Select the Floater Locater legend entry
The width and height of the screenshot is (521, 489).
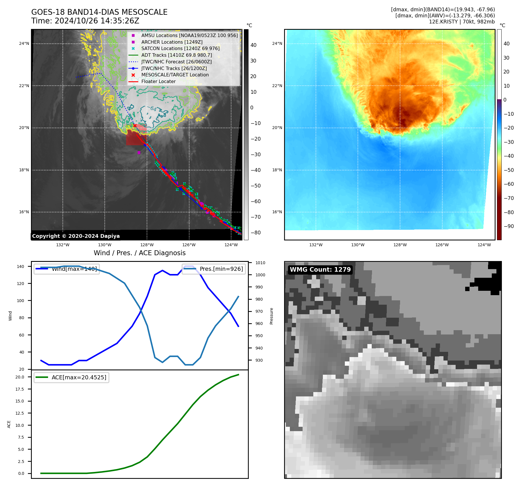(158, 82)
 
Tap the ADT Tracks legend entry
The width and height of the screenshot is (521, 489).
(176, 55)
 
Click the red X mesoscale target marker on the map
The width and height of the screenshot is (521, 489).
(135, 126)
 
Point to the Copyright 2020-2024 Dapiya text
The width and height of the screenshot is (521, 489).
(76, 236)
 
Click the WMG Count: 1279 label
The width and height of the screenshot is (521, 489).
(320, 270)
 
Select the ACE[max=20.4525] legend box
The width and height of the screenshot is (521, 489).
(71, 378)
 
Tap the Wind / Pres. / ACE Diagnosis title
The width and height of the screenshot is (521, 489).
(139, 253)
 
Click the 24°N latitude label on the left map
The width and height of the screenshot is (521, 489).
(24, 44)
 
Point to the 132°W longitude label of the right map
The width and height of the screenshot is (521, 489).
(316, 245)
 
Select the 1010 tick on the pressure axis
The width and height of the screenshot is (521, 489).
(260, 263)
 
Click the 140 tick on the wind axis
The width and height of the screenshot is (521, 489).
(21, 266)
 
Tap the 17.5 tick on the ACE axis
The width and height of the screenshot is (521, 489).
(20, 389)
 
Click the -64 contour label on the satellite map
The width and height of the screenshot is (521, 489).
(153, 109)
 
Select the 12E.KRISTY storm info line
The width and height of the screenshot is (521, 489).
(462, 22)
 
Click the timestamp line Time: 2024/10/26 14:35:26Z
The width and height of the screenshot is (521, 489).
(85, 21)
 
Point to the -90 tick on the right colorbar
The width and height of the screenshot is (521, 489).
(509, 226)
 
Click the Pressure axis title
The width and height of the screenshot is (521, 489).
(271, 316)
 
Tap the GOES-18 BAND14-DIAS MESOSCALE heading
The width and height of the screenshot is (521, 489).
(99, 12)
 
